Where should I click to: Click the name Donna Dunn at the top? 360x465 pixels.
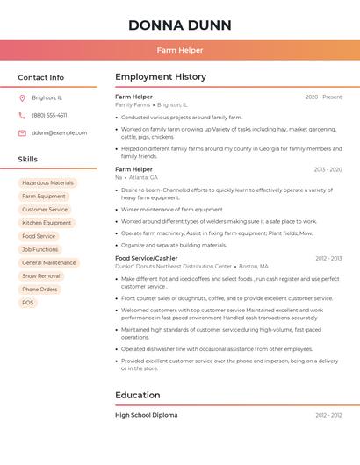click(x=179, y=25)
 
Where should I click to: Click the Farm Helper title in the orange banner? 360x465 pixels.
click(x=180, y=50)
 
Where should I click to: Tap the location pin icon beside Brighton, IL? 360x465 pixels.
click(x=22, y=97)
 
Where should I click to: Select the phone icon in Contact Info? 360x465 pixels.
click(x=22, y=115)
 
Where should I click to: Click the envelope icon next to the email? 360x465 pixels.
click(x=22, y=132)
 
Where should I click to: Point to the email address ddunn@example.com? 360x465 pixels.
click(x=59, y=132)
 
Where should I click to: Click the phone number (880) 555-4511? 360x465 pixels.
click(x=49, y=115)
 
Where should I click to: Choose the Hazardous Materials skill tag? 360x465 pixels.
click(x=47, y=182)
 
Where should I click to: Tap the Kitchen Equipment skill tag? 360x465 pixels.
click(x=47, y=223)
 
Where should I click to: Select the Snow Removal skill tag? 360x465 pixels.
click(x=40, y=275)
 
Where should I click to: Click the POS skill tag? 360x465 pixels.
click(x=28, y=303)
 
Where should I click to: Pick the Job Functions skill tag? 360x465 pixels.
click(x=40, y=249)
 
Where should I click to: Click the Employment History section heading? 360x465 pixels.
click(x=161, y=77)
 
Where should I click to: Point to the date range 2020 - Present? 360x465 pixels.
click(x=323, y=97)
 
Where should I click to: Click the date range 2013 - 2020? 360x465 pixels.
click(x=328, y=169)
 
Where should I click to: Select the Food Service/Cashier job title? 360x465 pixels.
click(x=146, y=258)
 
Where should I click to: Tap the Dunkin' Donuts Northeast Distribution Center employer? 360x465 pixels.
click(x=173, y=266)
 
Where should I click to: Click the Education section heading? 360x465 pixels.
click(x=139, y=395)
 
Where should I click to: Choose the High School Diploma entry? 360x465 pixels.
click(x=146, y=415)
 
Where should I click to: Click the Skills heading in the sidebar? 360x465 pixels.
click(x=28, y=160)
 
